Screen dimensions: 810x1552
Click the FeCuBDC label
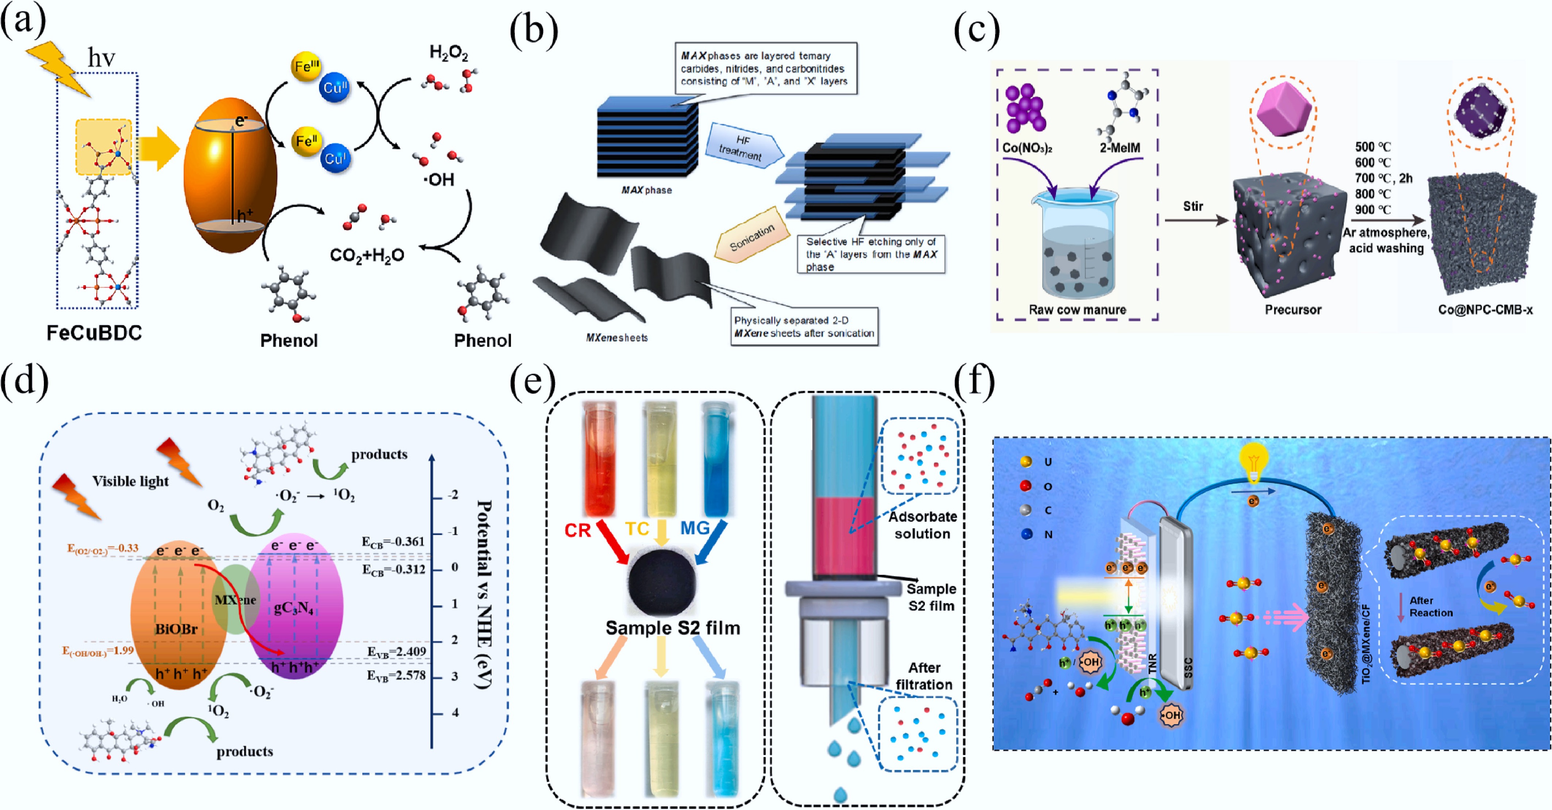click(95, 333)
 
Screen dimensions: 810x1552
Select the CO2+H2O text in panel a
click(367, 255)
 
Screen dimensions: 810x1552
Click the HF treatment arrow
click(742, 148)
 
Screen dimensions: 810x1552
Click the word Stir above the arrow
click(1193, 206)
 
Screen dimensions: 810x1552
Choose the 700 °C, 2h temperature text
click(1383, 178)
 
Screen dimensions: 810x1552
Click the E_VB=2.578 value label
click(396, 676)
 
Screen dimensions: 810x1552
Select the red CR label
click(577, 530)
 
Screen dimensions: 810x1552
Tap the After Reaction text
click(1431, 606)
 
